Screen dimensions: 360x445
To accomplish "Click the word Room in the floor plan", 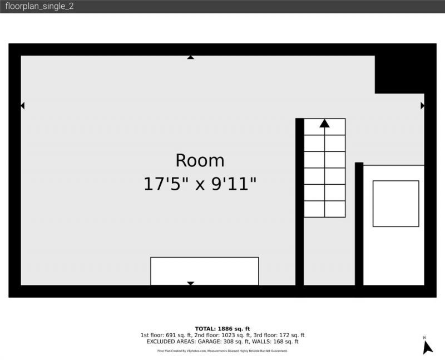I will coord(200,160).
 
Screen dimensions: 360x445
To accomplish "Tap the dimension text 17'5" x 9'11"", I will coord(200,184).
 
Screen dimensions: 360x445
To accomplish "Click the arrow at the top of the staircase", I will coord(324,124).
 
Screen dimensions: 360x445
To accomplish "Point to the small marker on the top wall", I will coord(190,57).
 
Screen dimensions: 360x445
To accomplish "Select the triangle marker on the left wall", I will coord(23,105).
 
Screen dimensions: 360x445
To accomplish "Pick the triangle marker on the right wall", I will coord(422,105).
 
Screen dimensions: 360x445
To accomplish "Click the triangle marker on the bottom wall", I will coord(190,283).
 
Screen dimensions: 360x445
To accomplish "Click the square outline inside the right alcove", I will coord(395,203).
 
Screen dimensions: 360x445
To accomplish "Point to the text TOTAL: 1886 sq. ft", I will coord(222,328).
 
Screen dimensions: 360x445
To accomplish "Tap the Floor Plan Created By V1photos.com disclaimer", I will coord(222,351).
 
